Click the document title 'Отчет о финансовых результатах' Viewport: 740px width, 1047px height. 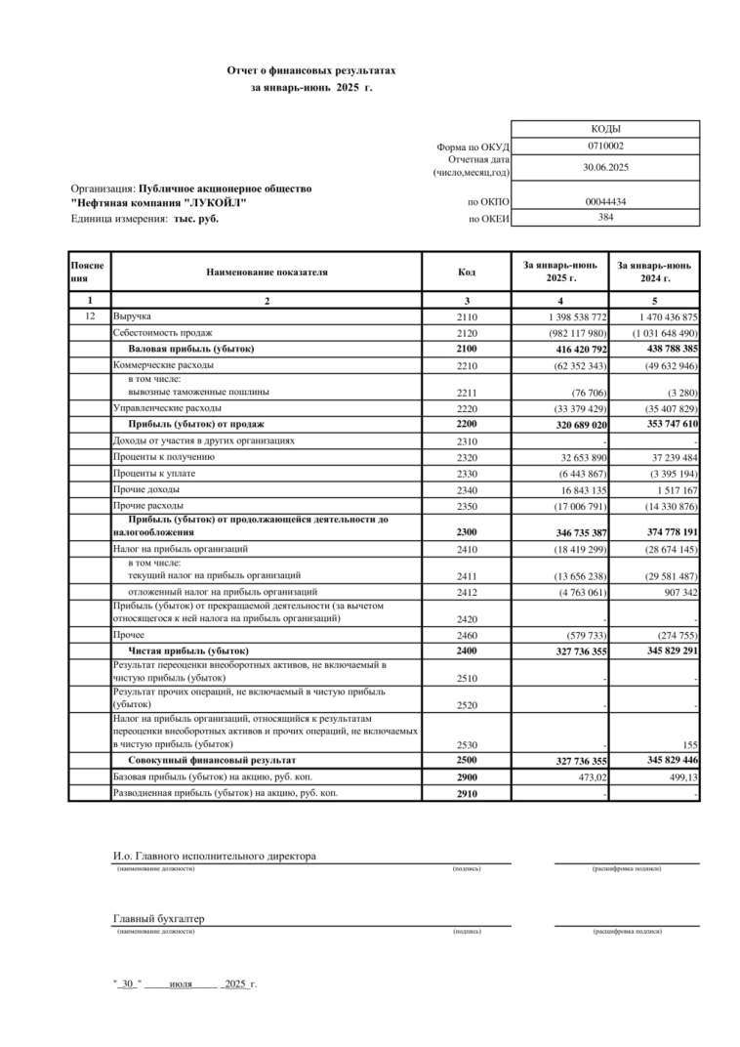pos(311,71)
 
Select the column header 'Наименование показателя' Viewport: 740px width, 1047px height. pos(267,272)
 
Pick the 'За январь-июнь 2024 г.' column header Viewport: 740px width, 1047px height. pos(654,272)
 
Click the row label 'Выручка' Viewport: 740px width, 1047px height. pos(132,317)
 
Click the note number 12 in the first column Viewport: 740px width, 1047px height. pos(90,317)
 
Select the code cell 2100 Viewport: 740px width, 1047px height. pos(468,349)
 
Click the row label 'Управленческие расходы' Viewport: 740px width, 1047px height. pos(167,407)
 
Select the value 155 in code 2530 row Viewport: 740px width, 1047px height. pos(689,745)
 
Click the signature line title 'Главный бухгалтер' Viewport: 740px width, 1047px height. pos(158,919)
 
